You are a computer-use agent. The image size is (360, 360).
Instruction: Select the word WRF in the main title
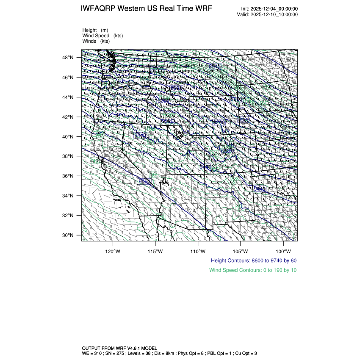pyautogui.click(x=203, y=9)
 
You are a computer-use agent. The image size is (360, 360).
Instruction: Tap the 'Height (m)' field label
pyautogui.click(x=95, y=30)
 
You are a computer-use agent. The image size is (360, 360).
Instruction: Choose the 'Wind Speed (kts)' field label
pyautogui.click(x=103, y=36)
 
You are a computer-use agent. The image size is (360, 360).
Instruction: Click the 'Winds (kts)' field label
pyautogui.click(x=96, y=41)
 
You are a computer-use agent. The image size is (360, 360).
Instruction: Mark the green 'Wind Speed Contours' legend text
pyautogui.click(x=253, y=270)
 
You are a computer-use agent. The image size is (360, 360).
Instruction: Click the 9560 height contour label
pyautogui.click(x=145, y=181)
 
